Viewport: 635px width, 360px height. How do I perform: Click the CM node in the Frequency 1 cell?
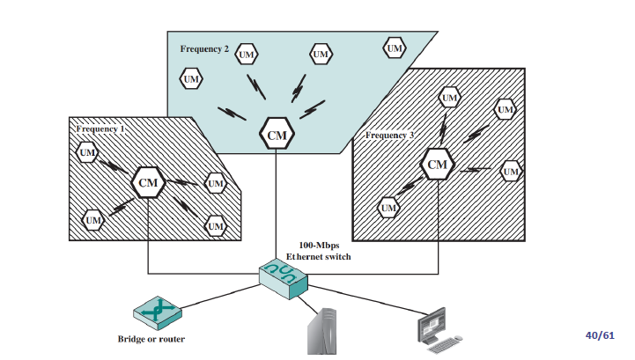pyautogui.click(x=146, y=182)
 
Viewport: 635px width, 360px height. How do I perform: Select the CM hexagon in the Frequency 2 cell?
pyautogui.click(x=277, y=136)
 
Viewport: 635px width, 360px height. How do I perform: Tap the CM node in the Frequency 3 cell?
pyautogui.click(x=437, y=164)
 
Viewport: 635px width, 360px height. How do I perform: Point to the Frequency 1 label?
pyautogui.click(x=100, y=129)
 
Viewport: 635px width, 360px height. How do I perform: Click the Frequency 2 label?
pyautogui.click(x=204, y=48)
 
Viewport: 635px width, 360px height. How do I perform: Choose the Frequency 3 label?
pyautogui.click(x=388, y=135)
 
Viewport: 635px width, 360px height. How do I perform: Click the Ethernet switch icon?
pyautogui.click(x=283, y=277)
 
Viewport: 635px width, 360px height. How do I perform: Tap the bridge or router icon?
pyautogui.click(x=157, y=312)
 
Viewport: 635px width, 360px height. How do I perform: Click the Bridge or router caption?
pyautogui.click(x=151, y=339)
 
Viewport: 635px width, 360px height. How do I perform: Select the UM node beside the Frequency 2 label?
pyautogui.click(x=248, y=51)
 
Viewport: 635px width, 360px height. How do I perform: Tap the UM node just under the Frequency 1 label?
pyautogui.click(x=87, y=154)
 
